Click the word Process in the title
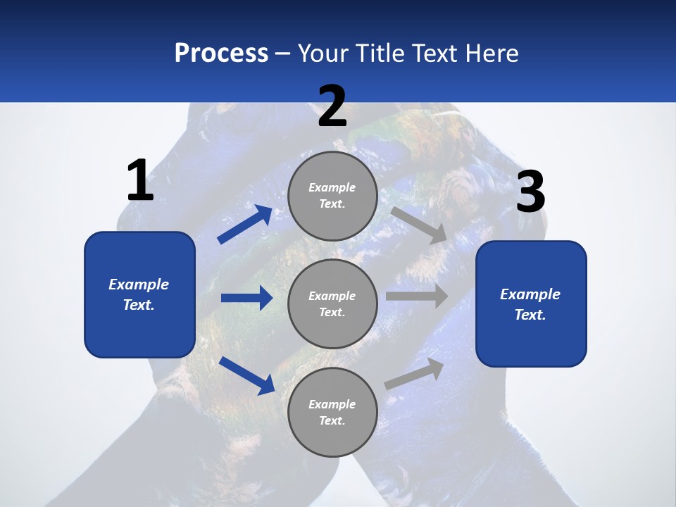(x=221, y=54)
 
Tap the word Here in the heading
(x=490, y=54)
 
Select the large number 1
(x=140, y=181)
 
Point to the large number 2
(x=332, y=106)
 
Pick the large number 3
(x=530, y=192)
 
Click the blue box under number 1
(x=139, y=294)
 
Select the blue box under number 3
(x=531, y=303)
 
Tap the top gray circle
(x=332, y=195)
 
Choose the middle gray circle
(x=332, y=303)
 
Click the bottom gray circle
(x=332, y=412)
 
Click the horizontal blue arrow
(x=246, y=298)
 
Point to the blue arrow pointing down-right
(x=246, y=375)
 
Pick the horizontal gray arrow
(x=417, y=296)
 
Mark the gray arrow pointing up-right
(x=414, y=373)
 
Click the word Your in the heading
(x=324, y=54)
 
